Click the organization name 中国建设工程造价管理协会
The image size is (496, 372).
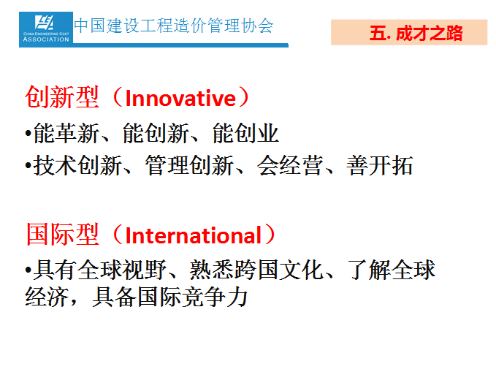[174, 26]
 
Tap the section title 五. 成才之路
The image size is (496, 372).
[416, 33]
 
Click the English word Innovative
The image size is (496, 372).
[180, 98]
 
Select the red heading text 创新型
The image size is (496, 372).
[62, 97]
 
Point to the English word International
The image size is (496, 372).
[194, 235]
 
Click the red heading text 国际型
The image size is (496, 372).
[62, 235]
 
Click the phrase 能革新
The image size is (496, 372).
[66, 133]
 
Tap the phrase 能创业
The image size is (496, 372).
[245, 133]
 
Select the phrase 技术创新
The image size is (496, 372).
[78, 166]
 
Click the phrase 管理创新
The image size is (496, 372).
[189, 166]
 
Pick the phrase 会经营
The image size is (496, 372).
[290, 166]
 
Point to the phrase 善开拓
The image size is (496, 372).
[380, 166]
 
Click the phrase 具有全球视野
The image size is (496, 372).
[100, 270]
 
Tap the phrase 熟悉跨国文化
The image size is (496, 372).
[256, 270]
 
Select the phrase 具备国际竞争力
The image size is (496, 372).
[170, 297]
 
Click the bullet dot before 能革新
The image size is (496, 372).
[28, 133]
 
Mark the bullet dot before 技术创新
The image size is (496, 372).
[28, 166]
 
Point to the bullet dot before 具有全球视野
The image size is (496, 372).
[28, 270]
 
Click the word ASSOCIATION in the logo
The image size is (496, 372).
[46, 39]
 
